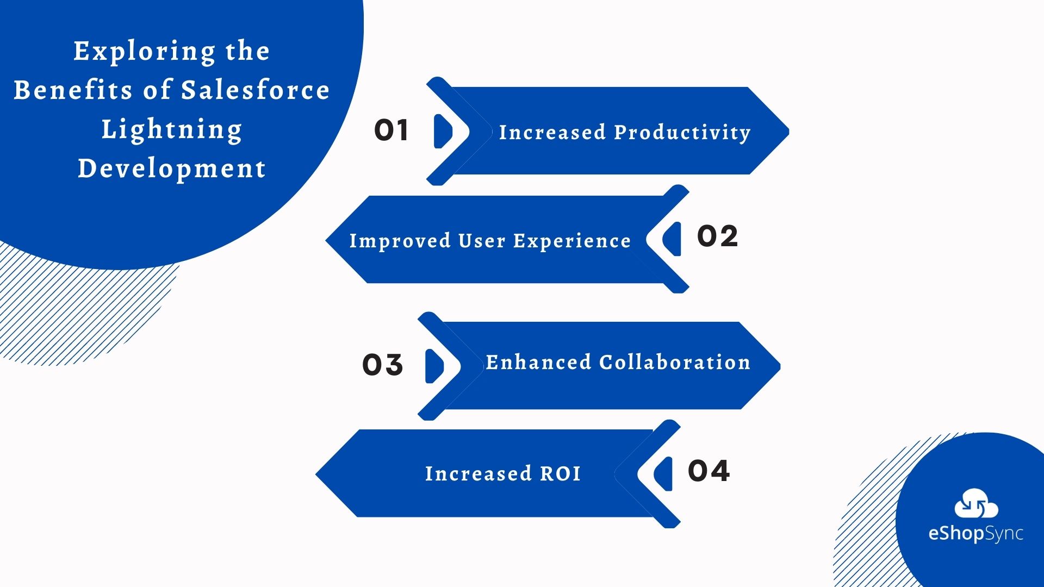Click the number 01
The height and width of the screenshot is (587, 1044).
(391, 130)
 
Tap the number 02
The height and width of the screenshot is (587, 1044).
(717, 236)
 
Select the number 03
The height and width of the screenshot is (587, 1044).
(382, 365)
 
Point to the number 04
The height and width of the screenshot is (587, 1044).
(709, 471)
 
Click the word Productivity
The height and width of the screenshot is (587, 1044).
(682, 133)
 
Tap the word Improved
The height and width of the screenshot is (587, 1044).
(400, 241)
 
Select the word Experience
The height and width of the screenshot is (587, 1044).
(572, 241)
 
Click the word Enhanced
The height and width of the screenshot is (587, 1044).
(538, 362)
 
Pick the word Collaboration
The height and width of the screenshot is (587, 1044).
(675, 362)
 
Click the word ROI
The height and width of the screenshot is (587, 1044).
(560, 473)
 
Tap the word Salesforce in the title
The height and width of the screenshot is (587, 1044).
(255, 90)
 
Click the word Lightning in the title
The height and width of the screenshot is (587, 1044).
(172, 129)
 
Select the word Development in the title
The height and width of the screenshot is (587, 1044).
(172, 168)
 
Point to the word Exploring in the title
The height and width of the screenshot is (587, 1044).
(144, 52)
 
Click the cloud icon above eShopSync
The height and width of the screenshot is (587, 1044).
(976, 504)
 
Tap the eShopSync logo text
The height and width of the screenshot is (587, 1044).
(975, 533)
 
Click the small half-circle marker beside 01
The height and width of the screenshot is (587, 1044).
(443, 131)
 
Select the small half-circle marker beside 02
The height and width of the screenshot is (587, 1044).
(673, 239)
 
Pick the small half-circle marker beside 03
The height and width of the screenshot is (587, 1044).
(434, 366)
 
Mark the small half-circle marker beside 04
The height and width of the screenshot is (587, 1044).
(664, 473)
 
